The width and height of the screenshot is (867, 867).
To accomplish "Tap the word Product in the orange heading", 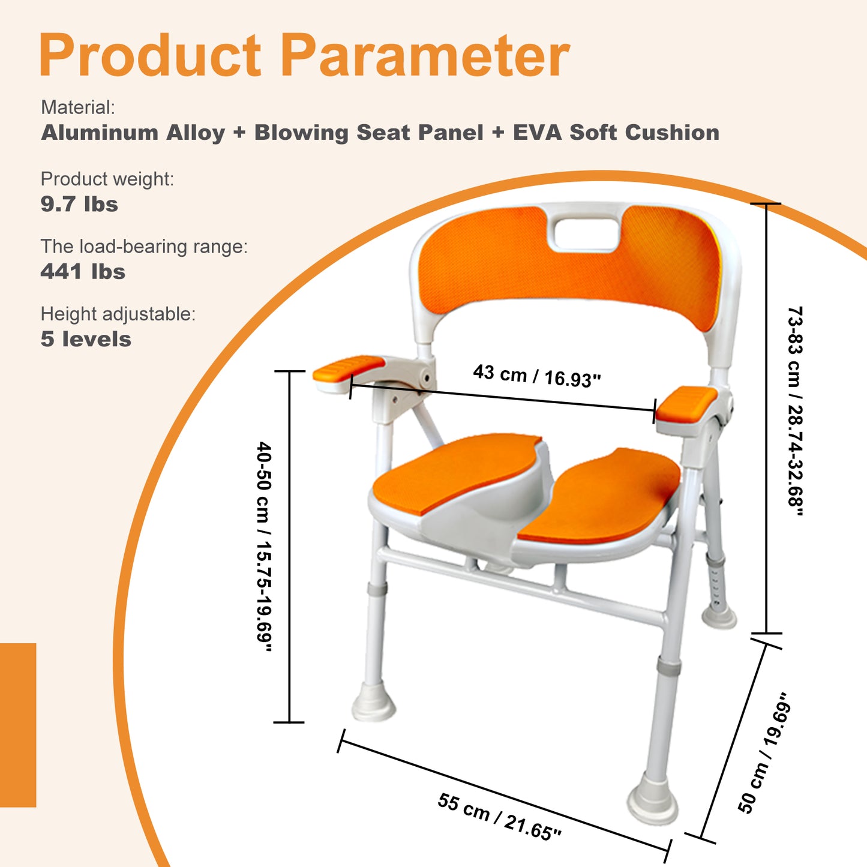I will tap(150, 56).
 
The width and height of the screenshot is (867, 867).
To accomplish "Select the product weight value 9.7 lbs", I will tap(79, 205).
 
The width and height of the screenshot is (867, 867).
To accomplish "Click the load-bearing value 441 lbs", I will tap(83, 272).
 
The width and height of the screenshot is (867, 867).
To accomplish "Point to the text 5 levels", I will tap(86, 339).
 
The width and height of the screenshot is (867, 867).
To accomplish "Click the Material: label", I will tap(77, 107).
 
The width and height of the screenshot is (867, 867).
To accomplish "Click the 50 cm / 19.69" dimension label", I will tap(763, 754).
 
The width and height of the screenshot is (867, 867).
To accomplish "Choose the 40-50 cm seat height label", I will tap(265, 547).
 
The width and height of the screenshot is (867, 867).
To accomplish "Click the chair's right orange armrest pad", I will tap(686, 402).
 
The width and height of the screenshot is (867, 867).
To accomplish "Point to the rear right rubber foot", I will tap(719, 616).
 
